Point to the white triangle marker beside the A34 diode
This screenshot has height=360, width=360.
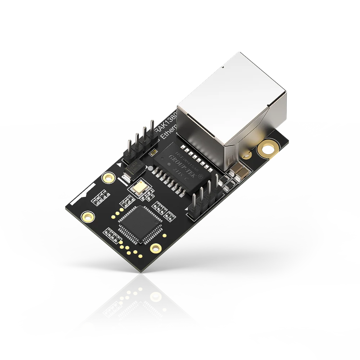tap(119, 165)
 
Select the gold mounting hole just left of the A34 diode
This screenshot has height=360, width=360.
tap(107, 177)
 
